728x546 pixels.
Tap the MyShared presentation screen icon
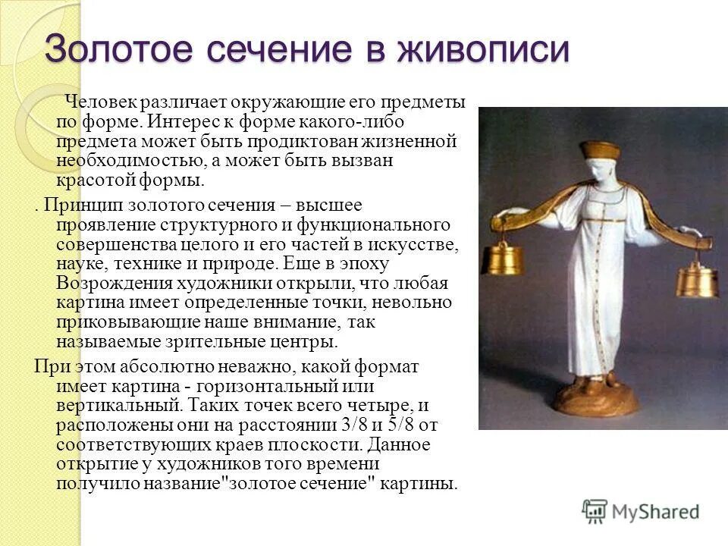pos(595,511)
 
